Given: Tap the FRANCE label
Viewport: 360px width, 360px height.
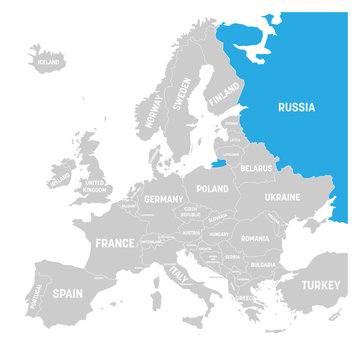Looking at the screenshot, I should (x=114, y=243).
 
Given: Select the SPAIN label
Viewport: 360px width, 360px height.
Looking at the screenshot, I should (x=66, y=295).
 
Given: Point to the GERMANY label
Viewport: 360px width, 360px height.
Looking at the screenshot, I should (x=164, y=199).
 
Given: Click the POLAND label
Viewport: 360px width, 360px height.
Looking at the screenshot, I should (x=212, y=187).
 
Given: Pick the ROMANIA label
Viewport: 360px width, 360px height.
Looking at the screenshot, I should (x=255, y=239).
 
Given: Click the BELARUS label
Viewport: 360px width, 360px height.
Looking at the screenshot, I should (x=256, y=169).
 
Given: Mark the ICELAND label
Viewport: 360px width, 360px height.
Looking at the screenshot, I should (x=44, y=61).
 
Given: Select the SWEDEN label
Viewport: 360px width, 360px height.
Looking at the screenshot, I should (x=183, y=94).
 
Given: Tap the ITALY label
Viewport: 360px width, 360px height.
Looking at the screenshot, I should (x=179, y=272).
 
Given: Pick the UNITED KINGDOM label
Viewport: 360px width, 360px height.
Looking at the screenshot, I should (x=94, y=186).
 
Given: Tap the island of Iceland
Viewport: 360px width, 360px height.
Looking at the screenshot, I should (x=47, y=58).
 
